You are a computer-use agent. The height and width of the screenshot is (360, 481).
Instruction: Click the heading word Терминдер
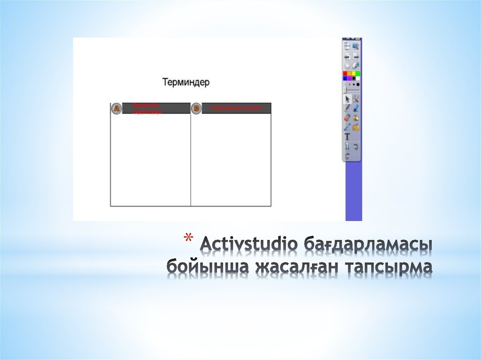pos(186,82)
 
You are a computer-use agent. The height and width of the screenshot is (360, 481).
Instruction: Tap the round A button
pos(116,108)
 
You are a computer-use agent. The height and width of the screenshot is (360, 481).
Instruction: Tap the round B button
pos(196,108)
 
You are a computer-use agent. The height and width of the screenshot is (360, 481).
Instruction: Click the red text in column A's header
pos(147,108)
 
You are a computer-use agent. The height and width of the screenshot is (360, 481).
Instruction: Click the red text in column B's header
pos(235,108)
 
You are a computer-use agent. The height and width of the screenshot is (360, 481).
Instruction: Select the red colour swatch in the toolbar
pos(345,74)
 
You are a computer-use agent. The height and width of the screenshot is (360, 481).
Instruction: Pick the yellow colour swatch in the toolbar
pos(354,74)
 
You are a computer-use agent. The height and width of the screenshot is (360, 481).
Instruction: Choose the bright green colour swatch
pos(358,74)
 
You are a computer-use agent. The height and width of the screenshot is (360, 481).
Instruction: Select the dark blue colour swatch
pos(345,78)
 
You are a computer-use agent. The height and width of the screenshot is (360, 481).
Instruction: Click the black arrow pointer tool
pos(347,99)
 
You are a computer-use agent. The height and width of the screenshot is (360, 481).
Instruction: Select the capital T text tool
pos(347,137)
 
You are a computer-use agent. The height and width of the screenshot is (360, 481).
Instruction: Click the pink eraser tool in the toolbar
pos(347,117)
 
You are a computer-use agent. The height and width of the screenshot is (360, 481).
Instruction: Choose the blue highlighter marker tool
pos(356,108)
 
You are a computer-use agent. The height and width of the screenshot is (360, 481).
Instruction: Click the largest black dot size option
pos(358,84)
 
